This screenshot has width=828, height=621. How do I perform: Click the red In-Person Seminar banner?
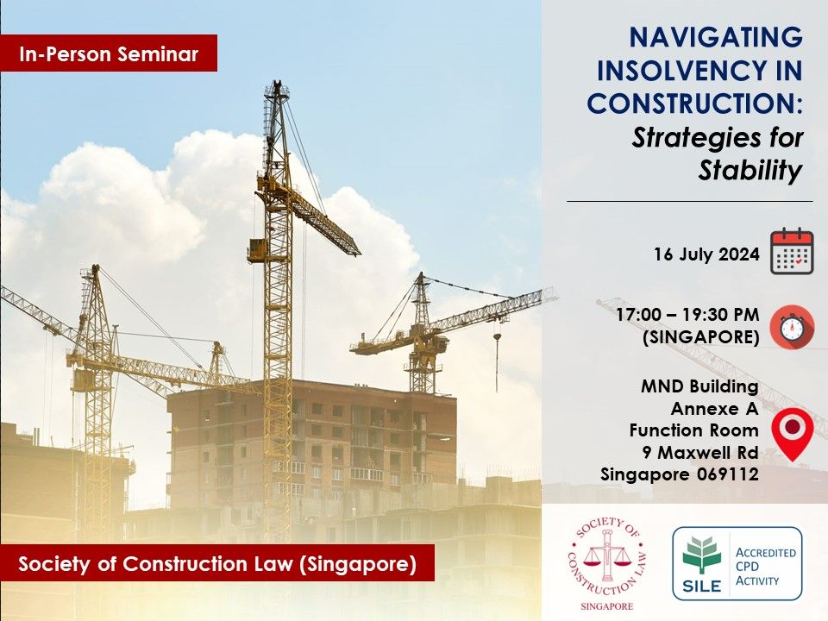click(109, 53)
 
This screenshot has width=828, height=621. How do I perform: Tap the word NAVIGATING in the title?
click(716, 37)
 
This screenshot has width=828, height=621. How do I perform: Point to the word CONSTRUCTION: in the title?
click(695, 103)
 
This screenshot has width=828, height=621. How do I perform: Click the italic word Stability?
click(750, 170)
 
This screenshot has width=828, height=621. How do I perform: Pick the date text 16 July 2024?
click(706, 254)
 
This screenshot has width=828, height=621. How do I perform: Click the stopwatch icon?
click(792, 327)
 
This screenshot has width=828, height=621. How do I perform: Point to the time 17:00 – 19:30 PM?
click(687, 315)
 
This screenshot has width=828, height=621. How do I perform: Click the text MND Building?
click(699, 386)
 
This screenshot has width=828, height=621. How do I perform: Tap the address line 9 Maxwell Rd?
click(700, 453)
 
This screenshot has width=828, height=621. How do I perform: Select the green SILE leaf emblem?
click(701, 555)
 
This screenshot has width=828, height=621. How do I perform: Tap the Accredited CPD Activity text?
click(765, 567)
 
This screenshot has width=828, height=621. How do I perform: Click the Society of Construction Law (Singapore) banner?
click(217, 563)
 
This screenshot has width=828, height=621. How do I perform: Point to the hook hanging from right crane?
click(497, 336)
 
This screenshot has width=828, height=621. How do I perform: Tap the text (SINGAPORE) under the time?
click(700, 337)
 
